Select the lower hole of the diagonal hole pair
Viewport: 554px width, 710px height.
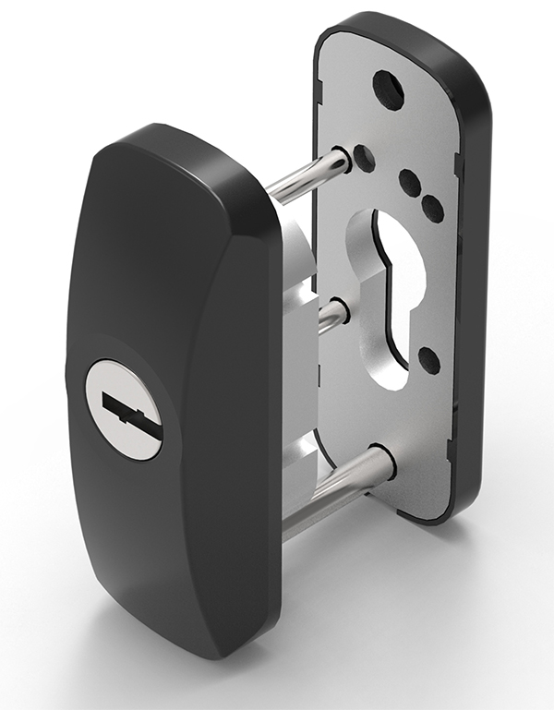(431, 209)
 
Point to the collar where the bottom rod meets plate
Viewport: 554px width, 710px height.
(379, 462)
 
